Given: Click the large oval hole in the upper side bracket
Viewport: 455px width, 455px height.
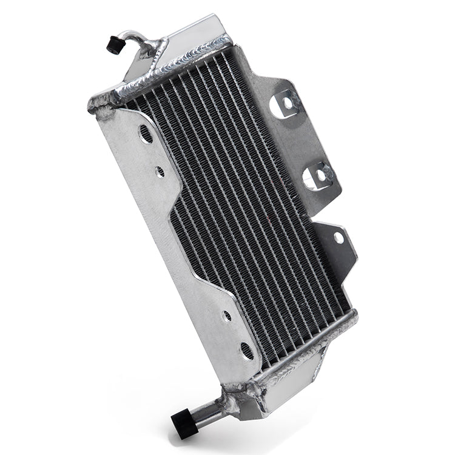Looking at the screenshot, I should tap(146, 135).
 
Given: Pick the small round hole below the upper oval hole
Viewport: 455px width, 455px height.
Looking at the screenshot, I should tap(160, 172).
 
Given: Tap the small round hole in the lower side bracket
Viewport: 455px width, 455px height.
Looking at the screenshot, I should tap(226, 316).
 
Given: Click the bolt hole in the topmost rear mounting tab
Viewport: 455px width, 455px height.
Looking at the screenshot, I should tap(284, 105).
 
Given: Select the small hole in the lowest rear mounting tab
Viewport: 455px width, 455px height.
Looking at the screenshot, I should tap(337, 238).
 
